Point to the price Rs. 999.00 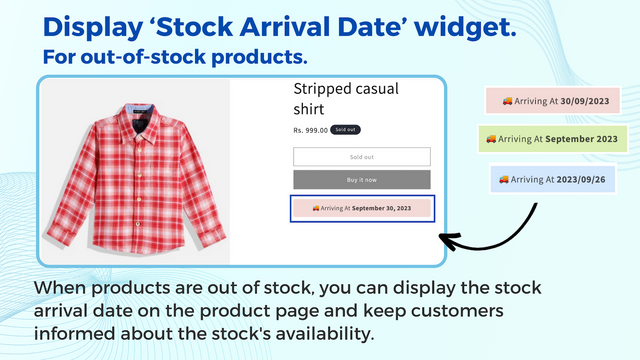(x=310, y=130)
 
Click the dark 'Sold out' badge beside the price (x=346, y=130)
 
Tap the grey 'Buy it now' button (x=361, y=180)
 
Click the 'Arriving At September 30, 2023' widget (x=361, y=208)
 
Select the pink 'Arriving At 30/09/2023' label (x=552, y=101)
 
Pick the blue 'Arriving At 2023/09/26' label (x=552, y=179)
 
